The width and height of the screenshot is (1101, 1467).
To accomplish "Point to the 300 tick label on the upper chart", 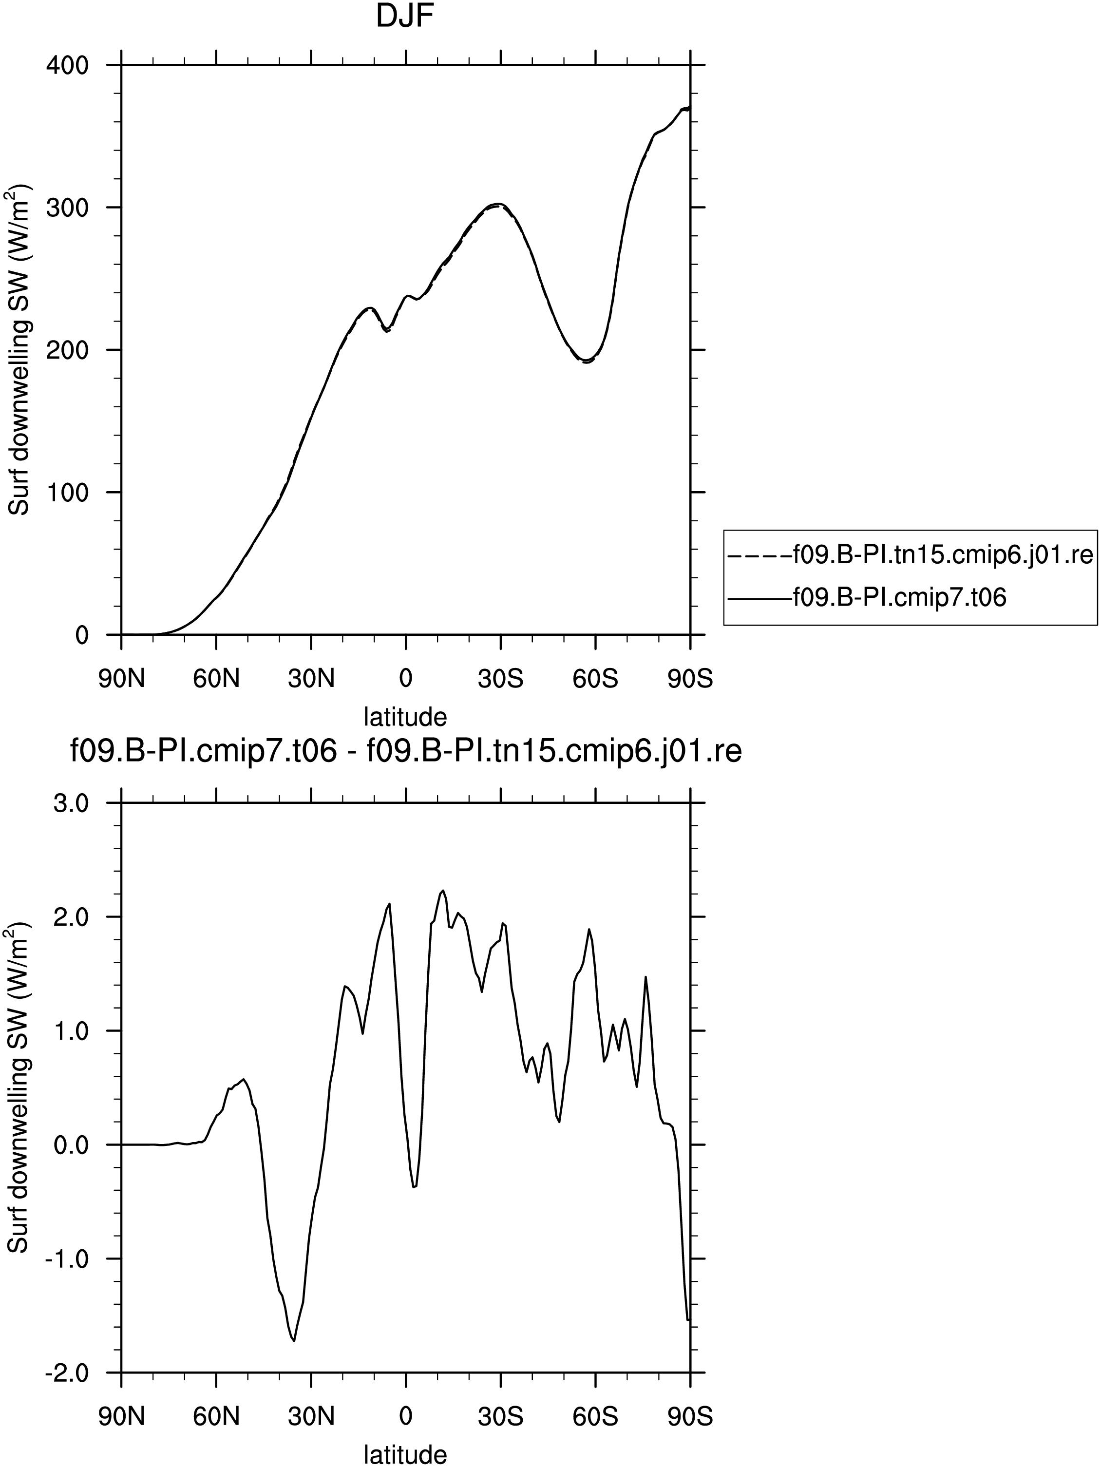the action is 67,208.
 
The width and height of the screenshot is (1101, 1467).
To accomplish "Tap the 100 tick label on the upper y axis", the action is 67,493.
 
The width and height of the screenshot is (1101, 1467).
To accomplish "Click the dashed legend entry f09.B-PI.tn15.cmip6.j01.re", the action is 910,554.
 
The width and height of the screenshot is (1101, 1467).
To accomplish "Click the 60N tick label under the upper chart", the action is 216,679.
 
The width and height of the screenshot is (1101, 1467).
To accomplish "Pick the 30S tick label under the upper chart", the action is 501,679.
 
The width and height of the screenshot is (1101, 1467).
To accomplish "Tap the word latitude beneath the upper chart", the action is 405,716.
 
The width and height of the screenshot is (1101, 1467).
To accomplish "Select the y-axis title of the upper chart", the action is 19,349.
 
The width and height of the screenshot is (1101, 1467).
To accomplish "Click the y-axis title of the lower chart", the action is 19,1087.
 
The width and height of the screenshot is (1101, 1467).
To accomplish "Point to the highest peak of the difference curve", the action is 443,891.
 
